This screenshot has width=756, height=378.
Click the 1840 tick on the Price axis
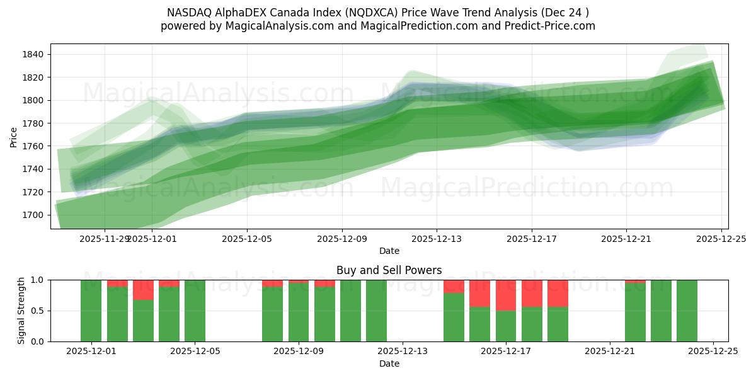[33, 54]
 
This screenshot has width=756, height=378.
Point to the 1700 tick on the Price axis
[33, 215]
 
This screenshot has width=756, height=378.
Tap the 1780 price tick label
[33, 123]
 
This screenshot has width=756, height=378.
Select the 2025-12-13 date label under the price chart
[437, 239]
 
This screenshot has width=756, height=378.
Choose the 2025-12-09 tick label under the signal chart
[299, 352]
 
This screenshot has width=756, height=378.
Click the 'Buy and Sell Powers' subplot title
[389, 270]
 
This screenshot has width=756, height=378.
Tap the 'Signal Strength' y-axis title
[21, 311]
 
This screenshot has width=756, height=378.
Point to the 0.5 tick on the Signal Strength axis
[37, 311]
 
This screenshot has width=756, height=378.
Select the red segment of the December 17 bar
[506, 295]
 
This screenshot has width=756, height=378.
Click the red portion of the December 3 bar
[143, 290]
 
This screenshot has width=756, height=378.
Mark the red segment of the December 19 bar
[558, 293]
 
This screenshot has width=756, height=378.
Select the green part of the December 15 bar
[480, 324]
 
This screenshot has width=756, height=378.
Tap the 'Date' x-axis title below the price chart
[389, 251]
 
